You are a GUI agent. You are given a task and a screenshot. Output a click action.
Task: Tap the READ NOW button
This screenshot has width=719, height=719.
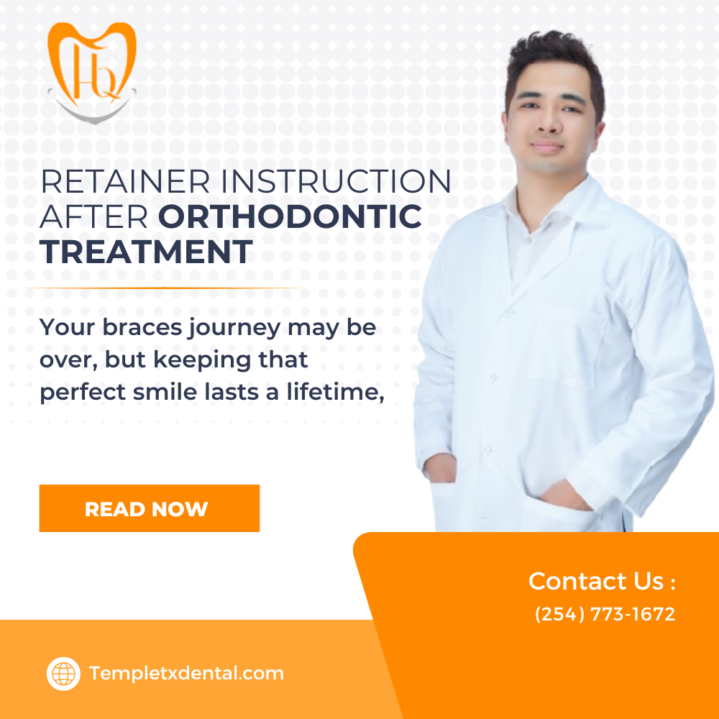[x=149, y=508]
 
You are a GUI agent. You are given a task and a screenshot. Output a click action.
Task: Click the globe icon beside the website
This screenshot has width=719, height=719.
[x=63, y=674]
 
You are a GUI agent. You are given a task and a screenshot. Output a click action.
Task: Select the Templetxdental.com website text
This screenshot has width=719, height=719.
[x=186, y=674]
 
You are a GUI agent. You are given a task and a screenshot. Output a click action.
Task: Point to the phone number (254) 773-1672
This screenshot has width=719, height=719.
[x=605, y=615]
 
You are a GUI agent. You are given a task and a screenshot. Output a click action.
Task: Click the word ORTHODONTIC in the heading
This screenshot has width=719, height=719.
[x=290, y=216]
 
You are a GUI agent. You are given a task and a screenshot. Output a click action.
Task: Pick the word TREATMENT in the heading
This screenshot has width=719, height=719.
[x=146, y=252]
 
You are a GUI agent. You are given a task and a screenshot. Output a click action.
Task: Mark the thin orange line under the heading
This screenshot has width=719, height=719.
[x=165, y=288]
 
